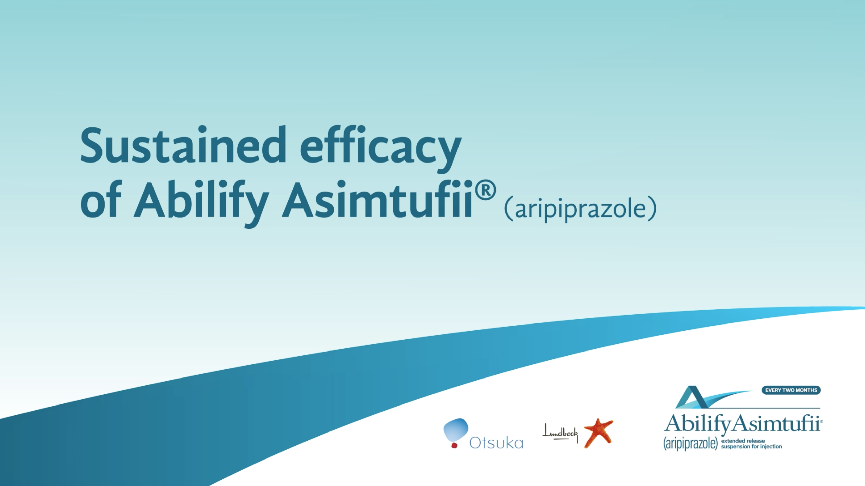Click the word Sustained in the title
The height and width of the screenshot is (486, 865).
[183, 145]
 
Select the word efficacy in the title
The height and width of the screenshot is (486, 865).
[381, 149]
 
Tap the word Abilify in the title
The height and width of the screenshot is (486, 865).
[201, 203]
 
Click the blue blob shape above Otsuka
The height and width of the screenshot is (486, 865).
[456, 430]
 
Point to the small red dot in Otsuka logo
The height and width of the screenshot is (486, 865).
[454, 445]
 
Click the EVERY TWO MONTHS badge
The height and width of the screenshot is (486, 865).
[791, 390]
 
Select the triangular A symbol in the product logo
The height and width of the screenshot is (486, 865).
[692, 397]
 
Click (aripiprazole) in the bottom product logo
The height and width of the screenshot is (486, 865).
[690, 443]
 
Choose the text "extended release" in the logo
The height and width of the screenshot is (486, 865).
[743, 441]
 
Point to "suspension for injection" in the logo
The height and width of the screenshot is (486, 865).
[751, 446]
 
